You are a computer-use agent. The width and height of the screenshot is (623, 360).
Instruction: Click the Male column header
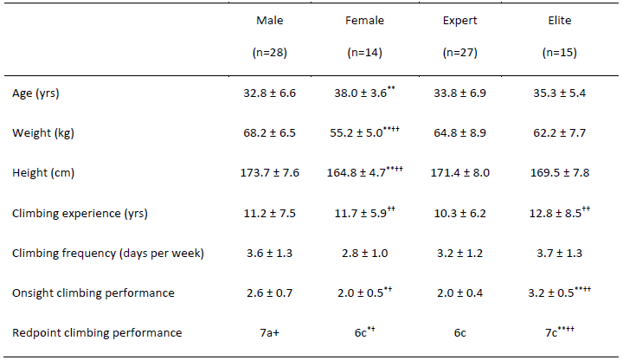pos(269,20)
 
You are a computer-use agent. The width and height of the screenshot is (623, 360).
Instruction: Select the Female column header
pos(365,20)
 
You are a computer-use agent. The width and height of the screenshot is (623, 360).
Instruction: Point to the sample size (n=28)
pos(269,53)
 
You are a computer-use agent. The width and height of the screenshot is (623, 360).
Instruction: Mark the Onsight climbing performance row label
pos(93,293)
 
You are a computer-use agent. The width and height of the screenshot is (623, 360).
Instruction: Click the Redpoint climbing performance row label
pos(97,333)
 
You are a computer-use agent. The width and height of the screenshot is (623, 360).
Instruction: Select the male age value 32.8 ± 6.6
pos(269,93)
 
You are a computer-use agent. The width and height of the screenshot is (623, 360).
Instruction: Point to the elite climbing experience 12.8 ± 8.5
pos(552,213)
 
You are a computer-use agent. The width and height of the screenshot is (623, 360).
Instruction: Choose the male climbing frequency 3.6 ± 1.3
pos(269,253)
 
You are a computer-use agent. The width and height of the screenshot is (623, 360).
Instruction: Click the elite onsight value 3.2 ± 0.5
pos(552,293)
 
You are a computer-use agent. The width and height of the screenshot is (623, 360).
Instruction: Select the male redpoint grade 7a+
pos(269,333)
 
